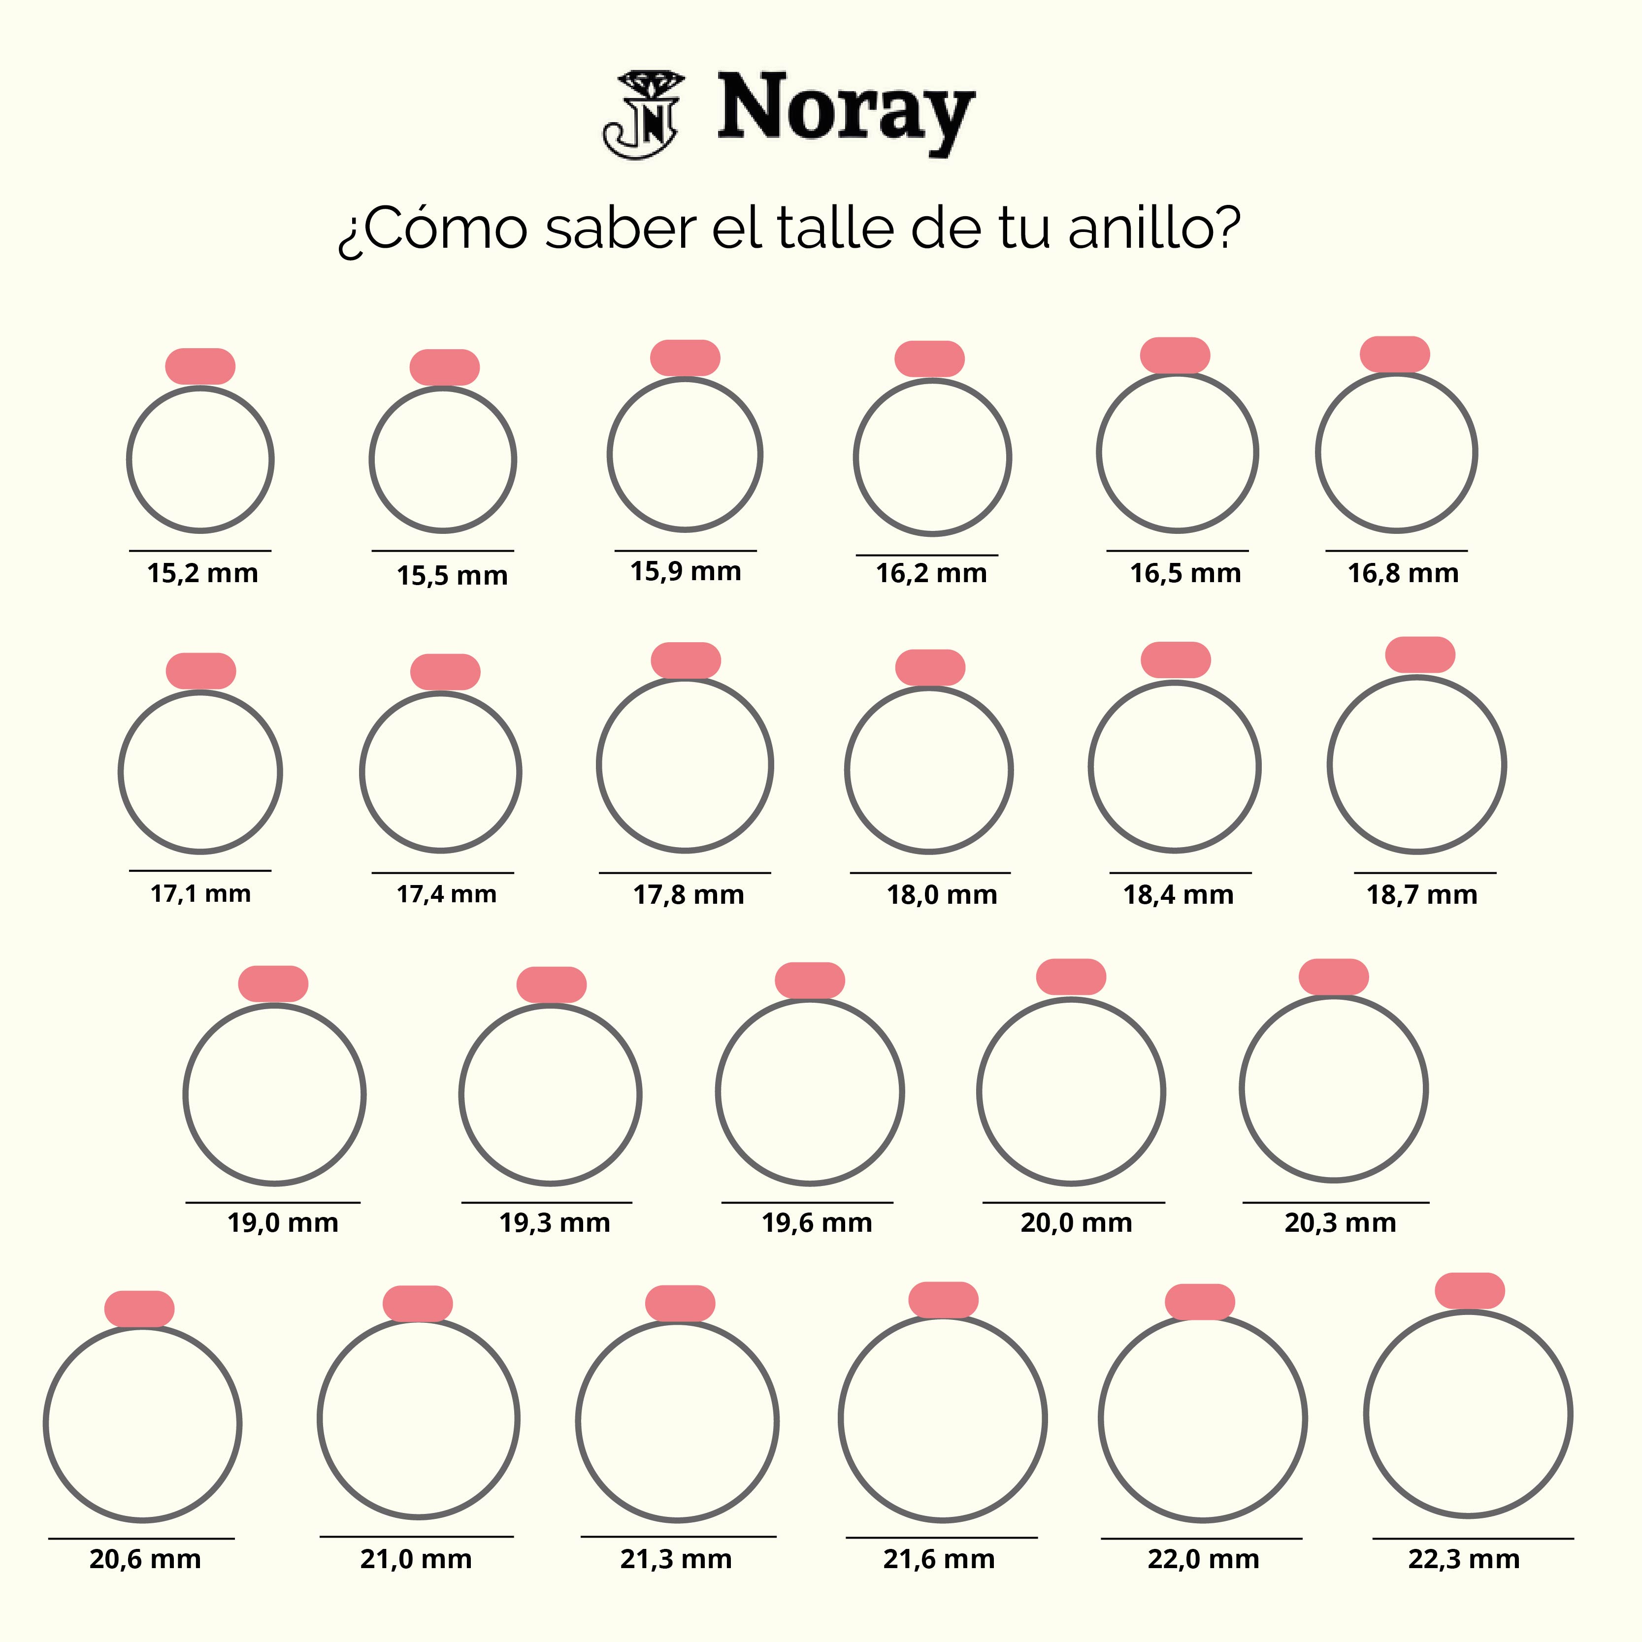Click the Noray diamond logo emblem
pyautogui.click(x=643, y=115)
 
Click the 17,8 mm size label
pyautogui.click(x=689, y=895)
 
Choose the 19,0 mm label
pyautogui.click(x=282, y=1223)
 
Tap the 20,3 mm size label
pyautogui.click(x=1340, y=1223)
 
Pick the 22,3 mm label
pyautogui.click(x=1464, y=1560)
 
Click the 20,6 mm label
pyautogui.click(x=145, y=1560)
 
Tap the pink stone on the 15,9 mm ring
pyautogui.click(x=685, y=358)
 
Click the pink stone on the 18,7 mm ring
pyautogui.click(x=1420, y=655)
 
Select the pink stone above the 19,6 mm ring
pyautogui.click(x=810, y=980)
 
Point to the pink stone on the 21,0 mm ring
pyautogui.click(x=417, y=1304)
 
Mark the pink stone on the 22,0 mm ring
pyautogui.click(x=1199, y=1302)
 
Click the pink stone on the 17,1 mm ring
pyautogui.click(x=200, y=671)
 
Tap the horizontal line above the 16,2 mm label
pyautogui.click(x=926, y=555)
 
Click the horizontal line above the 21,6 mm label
pyautogui.click(x=942, y=1538)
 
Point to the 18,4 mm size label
pyautogui.click(x=1178, y=895)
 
